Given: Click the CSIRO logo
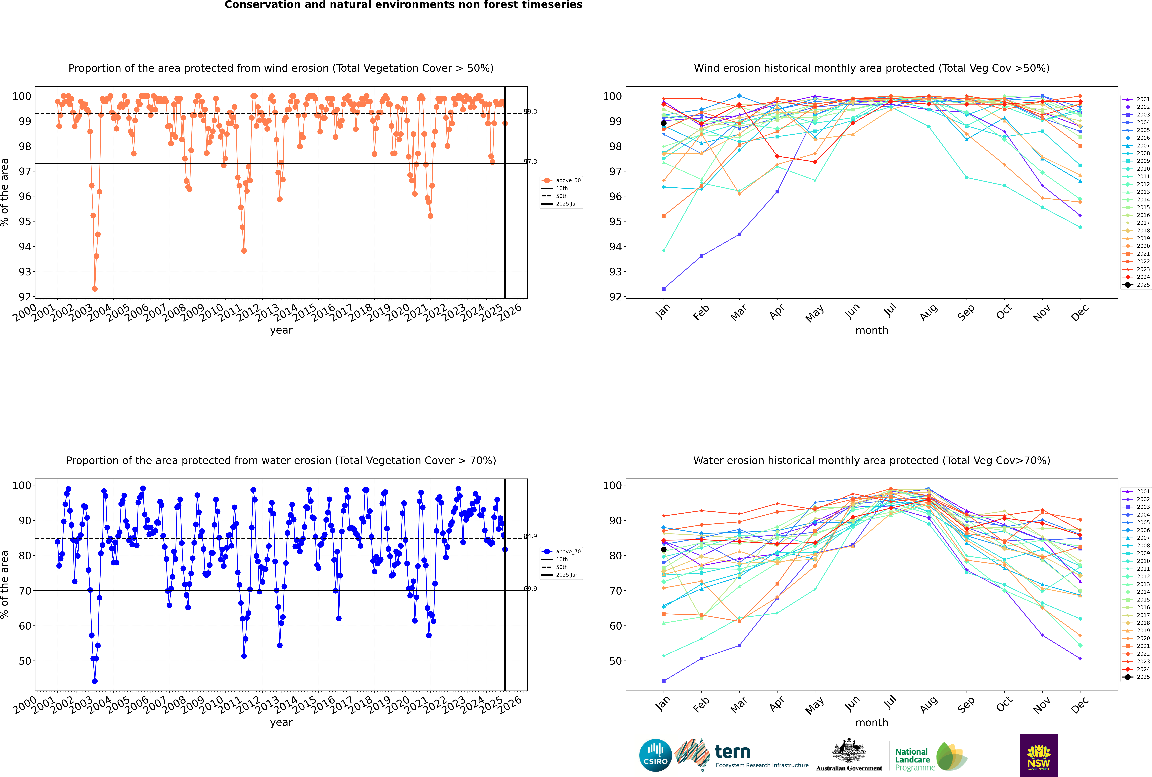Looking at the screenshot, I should [x=655, y=755].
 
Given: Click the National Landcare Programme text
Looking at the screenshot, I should [x=912, y=759].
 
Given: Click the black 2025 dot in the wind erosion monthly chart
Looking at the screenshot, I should [x=664, y=123].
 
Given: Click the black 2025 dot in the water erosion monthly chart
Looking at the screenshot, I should [x=664, y=549].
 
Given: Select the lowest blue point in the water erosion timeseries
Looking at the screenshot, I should [x=95, y=681].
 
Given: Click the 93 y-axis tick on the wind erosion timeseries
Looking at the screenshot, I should [x=25, y=272].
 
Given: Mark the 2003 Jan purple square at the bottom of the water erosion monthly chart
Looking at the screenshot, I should [x=664, y=681].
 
